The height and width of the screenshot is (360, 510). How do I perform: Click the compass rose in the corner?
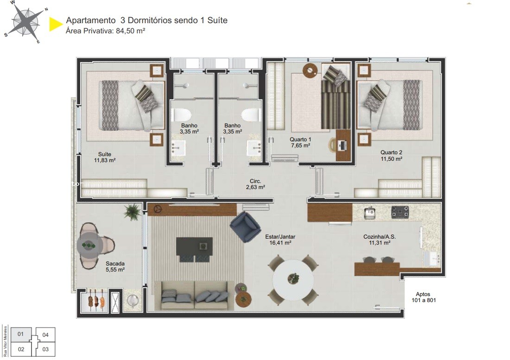(25, 22)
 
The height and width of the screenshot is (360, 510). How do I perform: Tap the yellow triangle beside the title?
(55, 24)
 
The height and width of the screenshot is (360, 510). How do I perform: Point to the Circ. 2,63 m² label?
(255, 184)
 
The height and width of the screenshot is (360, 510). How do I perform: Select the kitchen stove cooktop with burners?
(400, 212)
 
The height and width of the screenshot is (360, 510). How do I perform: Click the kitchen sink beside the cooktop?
(370, 213)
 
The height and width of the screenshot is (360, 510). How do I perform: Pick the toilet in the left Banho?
(182, 114)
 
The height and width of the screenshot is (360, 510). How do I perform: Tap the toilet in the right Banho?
(251, 114)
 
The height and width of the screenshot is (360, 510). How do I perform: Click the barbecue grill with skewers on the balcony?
(96, 301)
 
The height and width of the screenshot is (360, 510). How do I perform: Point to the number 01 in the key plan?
(21, 334)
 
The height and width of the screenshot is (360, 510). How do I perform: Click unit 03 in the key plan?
(45, 349)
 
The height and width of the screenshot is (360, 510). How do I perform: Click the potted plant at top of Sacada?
(132, 211)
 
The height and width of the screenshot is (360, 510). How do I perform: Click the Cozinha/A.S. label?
(379, 239)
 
